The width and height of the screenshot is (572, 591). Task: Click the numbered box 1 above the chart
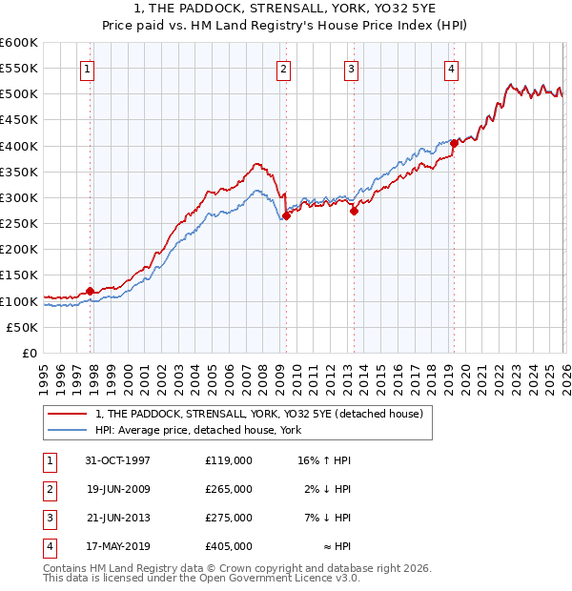[x=87, y=68]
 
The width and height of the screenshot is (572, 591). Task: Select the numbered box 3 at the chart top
[x=351, y=68]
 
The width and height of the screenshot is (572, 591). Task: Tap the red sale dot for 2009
[x=286, y=216]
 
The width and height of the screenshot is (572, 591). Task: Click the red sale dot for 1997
[x=91, y=291]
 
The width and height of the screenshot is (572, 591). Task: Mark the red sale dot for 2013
[x=354, y=212]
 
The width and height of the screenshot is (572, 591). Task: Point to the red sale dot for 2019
[x=454, y=143]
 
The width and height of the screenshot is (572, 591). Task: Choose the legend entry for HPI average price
[x=198, y=430]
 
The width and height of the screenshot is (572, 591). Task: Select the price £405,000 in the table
[x=229, y=547]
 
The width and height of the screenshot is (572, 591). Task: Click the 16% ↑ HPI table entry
[x=324, y=460]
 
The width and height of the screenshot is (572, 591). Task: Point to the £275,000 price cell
[x=229, y=519]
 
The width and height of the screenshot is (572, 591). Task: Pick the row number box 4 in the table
[x=48, y=547]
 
